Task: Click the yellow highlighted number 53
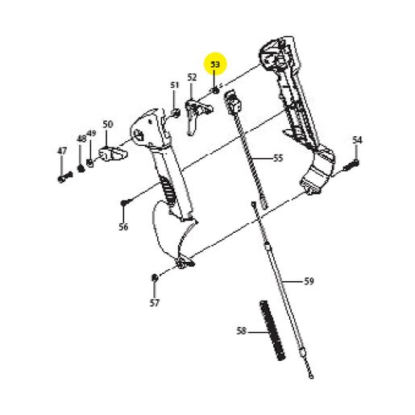pos(215,64)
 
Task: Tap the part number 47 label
pos(62,151)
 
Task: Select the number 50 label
pos(108,124)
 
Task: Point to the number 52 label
pos(192,77)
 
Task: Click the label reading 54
pos(357,140)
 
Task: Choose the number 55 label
pos(278,158)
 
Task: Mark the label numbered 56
pos(123,227)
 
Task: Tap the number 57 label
pos(155,303)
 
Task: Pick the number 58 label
pos(242,330)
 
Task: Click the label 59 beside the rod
pos(309,281)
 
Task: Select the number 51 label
pos(175,85)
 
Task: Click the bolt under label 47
pos(65,177)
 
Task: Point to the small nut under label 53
pos(215,90)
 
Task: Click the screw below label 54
pos(351,166)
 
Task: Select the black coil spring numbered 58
pos(272,330)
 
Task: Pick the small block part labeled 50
pos(113,154)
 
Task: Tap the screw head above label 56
pos(124,203)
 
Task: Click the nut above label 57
pos(155,277)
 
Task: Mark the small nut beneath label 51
pos(175,113)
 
